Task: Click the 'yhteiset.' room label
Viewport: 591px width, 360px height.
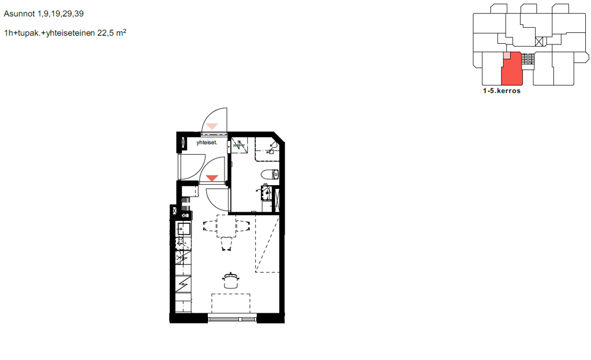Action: [207, 142]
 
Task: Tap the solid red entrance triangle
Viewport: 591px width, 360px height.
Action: [212, 178]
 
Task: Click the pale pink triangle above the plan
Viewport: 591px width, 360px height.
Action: [212, 126]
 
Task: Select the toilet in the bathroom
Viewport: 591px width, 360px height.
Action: [270, 174]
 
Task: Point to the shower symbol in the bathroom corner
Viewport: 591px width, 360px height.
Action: [271, 148]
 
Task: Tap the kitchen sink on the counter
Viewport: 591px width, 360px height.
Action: [184, 228]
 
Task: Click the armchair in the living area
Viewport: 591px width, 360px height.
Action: [231, 280]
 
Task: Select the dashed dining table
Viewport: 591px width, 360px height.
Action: [226, 226]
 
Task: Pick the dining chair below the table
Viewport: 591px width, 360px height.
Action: [226, 244]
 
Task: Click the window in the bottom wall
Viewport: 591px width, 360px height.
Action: [232, 320]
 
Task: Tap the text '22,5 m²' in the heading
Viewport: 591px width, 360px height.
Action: [111, 33]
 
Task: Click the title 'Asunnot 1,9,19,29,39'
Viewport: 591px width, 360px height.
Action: [44, 14]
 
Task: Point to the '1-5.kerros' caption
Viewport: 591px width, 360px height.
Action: [502, 91]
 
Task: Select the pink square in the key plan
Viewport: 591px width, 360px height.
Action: [507, 55]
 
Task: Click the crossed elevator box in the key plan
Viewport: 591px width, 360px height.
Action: [540, 42]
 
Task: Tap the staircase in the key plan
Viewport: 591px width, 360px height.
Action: [528, 59]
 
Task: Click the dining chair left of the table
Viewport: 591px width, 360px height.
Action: [210, 226]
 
